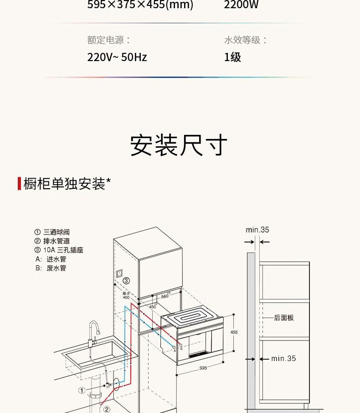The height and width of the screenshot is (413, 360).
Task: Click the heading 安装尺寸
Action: pos(179,145)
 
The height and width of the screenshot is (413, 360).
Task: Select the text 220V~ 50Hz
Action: pos(117,57)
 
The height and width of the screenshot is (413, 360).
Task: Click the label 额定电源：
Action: pos(109,40)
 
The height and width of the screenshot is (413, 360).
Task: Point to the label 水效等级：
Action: pos(246,40)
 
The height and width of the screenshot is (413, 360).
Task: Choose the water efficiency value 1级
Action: pos(232,57)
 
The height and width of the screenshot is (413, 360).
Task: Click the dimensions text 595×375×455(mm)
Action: pos(140,5)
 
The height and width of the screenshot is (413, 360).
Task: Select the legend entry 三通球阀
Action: pos(57,232)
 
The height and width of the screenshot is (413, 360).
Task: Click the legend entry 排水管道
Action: pos(57,241)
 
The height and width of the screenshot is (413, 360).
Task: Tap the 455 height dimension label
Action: pos(234,332)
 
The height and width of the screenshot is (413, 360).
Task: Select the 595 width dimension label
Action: pos(203,367)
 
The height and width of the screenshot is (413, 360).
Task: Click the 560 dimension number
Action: pos(165,296)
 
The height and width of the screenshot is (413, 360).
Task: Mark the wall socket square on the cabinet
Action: pos(120,275)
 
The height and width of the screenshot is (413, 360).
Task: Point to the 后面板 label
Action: pos(284,318)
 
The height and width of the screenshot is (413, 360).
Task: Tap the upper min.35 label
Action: pos(257,230)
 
